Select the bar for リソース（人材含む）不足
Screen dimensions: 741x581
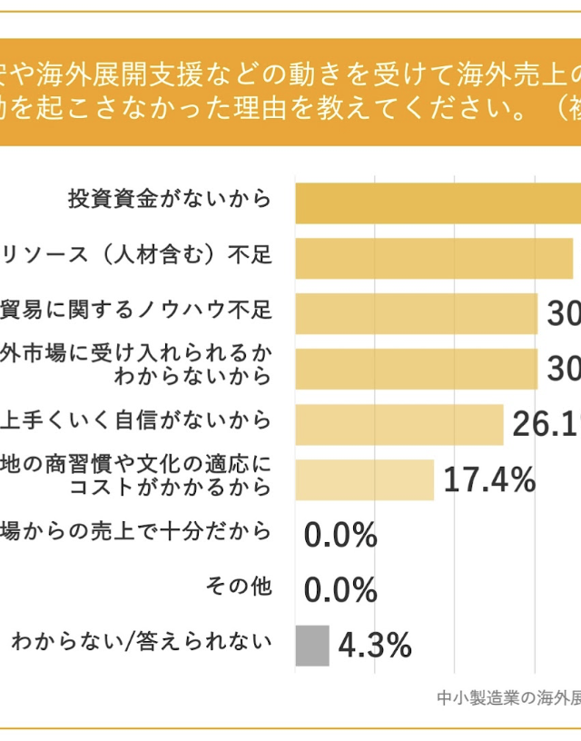[434, 258]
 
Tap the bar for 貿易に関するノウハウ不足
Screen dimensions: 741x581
[417, 313]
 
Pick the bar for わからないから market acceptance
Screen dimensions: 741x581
[417, 369]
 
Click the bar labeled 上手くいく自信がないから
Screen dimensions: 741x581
[399, 424]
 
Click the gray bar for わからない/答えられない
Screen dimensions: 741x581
[311, 646]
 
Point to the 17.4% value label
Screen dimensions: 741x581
[489, 480]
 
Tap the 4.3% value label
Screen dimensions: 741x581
[375, 646]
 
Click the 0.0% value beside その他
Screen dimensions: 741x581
[340, 590]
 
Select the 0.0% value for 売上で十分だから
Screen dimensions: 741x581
[340, 536]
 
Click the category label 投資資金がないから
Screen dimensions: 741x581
[170, 198]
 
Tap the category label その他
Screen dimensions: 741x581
[239, 587]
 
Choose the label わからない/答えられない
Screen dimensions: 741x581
[142, 642]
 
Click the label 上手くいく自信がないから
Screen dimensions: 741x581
[136, 420]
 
